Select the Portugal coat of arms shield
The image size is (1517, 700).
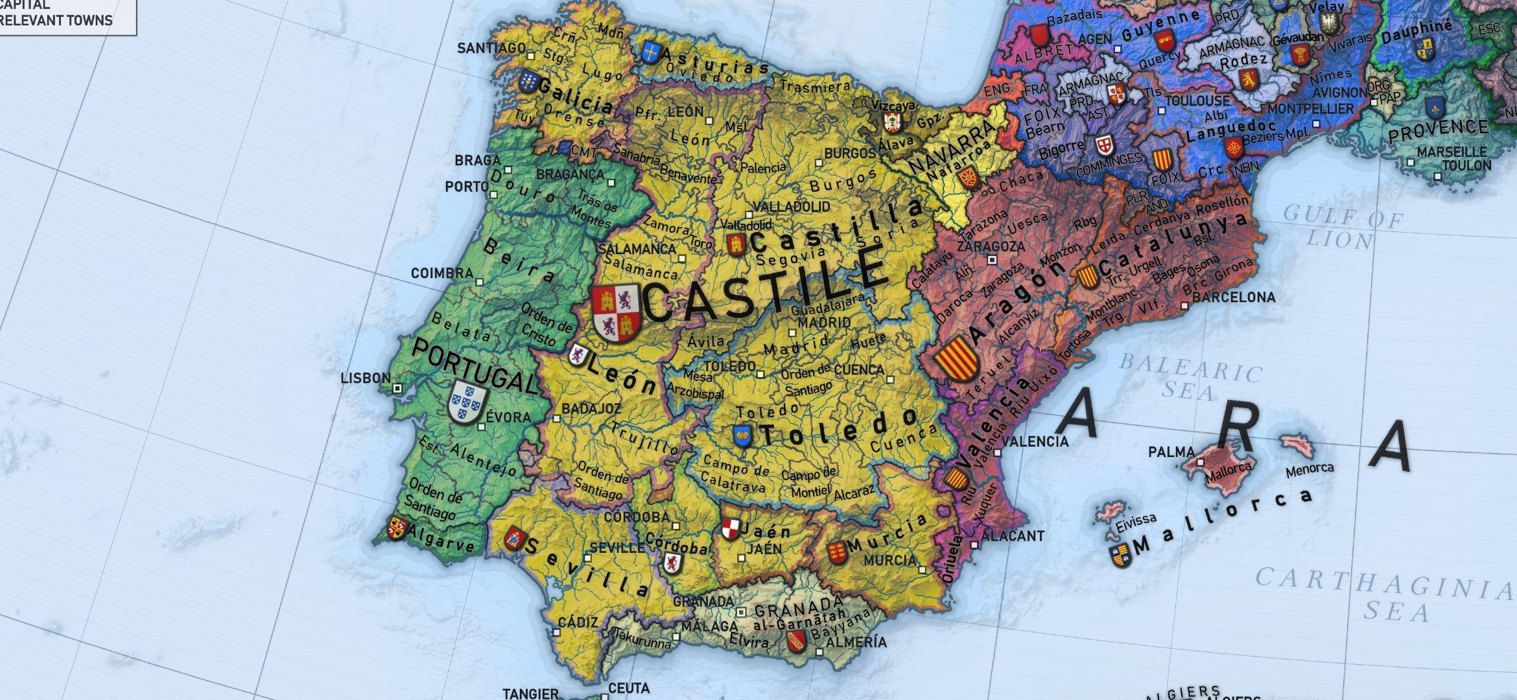pyautogui.click(x=468, y=402)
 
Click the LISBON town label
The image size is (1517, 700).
pyautogui.click(x=366, y=378)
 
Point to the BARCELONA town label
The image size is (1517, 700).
pyautogui.click(x=1234, y=297)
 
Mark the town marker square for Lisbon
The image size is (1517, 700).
pyautogui.click(x=397, y=388)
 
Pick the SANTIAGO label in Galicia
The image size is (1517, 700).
pyautogui.click(x=491, y=48)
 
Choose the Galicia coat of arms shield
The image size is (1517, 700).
pyautogui.click(x=528, y=82)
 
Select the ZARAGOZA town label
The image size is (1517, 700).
pyautogui.click(x=991, y=246)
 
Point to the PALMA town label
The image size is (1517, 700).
pyautogui.click(x=1171, y=452)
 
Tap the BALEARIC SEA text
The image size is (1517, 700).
pyautogui.click(x=1190, y=376)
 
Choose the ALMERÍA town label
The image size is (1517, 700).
pyautogui.click(x=857, y=642)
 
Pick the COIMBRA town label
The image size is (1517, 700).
pyautogui.click(x=442, y=273)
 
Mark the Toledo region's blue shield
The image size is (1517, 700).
pyautogui.click(x=742, y=436)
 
